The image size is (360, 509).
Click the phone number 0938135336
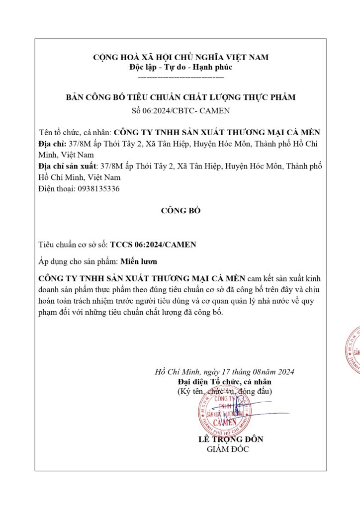[97, 189]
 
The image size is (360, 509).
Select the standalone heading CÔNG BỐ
[180, 211]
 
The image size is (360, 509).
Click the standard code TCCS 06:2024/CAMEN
[153, 245]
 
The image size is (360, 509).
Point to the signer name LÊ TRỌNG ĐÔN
[231, 439]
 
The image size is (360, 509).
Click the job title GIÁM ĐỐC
[227, 449]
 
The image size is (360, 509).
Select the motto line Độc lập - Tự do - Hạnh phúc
[180, 67]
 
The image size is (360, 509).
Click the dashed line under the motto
[180, 78]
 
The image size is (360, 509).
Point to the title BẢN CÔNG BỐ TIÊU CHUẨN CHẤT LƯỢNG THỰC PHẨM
[180, 97]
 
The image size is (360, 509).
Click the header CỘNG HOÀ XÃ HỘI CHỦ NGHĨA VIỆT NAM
[180, 57]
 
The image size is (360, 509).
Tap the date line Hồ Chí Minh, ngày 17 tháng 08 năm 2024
[225, 372]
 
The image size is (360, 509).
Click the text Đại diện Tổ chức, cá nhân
[225, 382]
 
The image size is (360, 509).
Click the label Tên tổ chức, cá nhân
[76, 132]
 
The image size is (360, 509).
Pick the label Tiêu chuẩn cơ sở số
[73, 245]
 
